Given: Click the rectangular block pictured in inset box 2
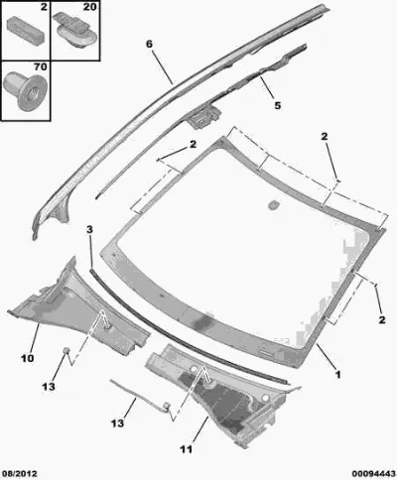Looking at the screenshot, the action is tap(26, 30).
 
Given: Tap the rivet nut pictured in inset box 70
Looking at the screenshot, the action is tap(25, 90).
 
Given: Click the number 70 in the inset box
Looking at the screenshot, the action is tap(40, 67).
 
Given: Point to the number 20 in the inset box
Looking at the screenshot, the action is tap(89, 7).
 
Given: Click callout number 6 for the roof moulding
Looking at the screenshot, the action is tap(150, 44).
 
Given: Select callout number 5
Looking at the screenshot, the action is tap(278, 105).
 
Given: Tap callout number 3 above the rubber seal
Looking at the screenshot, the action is tap(89, 229).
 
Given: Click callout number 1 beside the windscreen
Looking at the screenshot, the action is tap(338, 375).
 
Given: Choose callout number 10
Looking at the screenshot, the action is tap(27, 358).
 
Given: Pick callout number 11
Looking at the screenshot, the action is tap(186, 449).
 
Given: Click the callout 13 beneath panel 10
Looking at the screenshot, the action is tap(49, 386).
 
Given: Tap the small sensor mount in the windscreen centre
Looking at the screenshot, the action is tap(273, 204).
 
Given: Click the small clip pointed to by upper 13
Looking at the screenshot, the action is tap(66, 350).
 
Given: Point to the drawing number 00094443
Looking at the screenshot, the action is tap(373, 474).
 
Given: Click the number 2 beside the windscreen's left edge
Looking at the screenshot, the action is tap(193, 144).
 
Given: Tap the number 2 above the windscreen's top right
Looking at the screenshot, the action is tap(325, 136).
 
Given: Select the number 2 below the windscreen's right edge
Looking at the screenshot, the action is tap(382, 319).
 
